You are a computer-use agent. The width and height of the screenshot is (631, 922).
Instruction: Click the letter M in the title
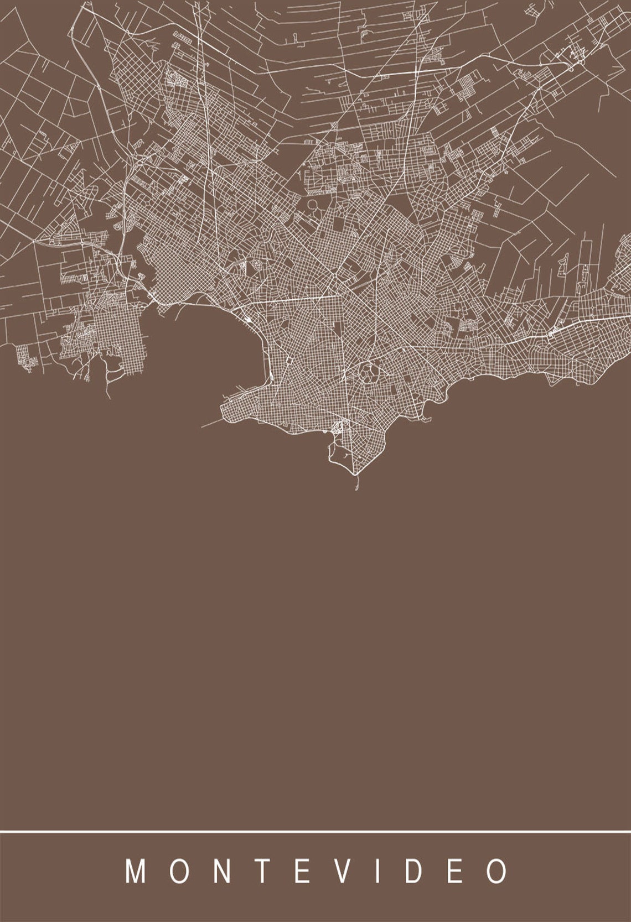pos(136,872)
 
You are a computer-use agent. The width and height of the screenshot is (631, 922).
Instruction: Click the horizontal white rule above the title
pos(316,831)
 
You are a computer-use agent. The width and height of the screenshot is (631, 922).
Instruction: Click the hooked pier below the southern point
pos(356,484)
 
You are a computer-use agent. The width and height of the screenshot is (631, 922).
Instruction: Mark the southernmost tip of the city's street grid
pos(355,475)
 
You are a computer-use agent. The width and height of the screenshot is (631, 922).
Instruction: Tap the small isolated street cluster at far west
pos(25,355)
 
